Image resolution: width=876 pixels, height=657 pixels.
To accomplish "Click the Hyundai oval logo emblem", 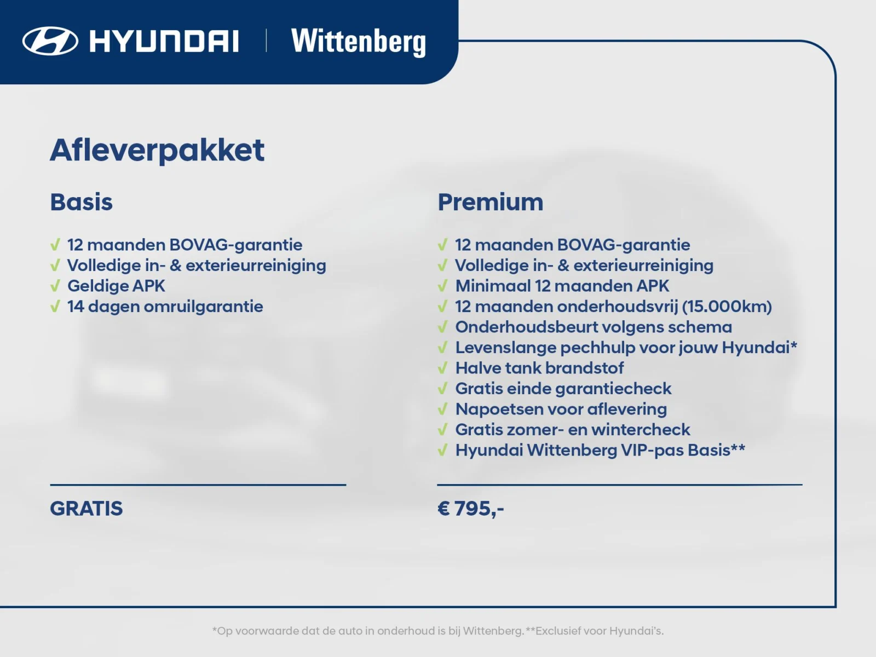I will click(x=50, y=41).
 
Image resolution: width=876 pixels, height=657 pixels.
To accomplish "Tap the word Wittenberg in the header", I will click(x=359, y=42).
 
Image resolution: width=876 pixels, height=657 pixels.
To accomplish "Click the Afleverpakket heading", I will click(x=157, y=150).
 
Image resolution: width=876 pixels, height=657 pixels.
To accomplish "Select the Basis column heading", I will click(x=81, y=202).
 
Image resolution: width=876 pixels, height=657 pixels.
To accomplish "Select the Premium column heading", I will click(x=490, y=202).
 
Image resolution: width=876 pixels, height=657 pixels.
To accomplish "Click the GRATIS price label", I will click(x=87, y=509).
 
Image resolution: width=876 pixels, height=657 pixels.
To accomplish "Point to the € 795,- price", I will click(x=470, y=509).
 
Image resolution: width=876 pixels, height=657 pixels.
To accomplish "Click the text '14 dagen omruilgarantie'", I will click(x=165, y=307).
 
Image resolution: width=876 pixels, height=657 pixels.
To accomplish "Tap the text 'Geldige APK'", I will click(x=116, y=286).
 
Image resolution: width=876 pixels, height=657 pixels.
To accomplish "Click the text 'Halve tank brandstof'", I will click(x=539, y=368).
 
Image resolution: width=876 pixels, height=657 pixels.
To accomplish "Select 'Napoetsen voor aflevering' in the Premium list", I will click(x=561, y=409).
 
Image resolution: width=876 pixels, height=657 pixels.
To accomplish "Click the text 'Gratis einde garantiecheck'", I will click(x=563, y=389).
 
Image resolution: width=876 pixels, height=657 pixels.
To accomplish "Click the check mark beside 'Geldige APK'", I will click(x=55, y=286).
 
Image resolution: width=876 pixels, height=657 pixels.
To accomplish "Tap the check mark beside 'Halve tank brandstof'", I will click(x=442, y=368).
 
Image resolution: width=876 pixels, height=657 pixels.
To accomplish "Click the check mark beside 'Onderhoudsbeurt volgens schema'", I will click(x=442, y=327).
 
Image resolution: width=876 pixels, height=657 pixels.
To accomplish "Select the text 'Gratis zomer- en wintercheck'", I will click(x=572, y=430).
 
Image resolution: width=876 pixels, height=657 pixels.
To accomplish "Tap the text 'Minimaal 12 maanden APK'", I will click(x=562, y=286).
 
